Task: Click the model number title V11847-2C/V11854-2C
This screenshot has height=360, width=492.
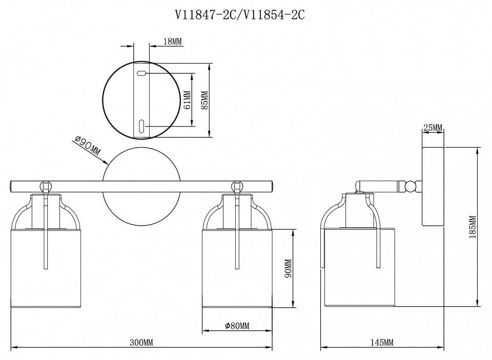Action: tap(240, 15)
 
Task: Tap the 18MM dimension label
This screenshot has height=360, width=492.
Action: tap(173, 42)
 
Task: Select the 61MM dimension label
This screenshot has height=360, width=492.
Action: tap(188, 100)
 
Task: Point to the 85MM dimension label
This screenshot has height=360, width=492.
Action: tap(204, 100)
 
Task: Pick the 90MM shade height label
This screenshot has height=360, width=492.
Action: tap(288, 269)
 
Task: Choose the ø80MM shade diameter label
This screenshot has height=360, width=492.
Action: tap(237, 326)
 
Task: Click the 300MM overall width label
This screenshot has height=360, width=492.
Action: tap(141, 343)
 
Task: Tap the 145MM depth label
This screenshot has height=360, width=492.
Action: tap(382, 343)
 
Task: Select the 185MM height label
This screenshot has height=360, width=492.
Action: tap(473, 227)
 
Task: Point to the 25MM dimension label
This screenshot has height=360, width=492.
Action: tap(433, 128)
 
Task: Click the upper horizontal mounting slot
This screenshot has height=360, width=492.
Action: tap(141, 73)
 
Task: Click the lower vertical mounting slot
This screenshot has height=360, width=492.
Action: tap(141, 126)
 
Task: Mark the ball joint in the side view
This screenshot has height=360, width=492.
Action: tap(410, 187)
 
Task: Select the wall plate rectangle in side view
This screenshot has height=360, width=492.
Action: tap(433, 187)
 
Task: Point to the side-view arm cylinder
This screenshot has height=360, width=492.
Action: tap(380, 187)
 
